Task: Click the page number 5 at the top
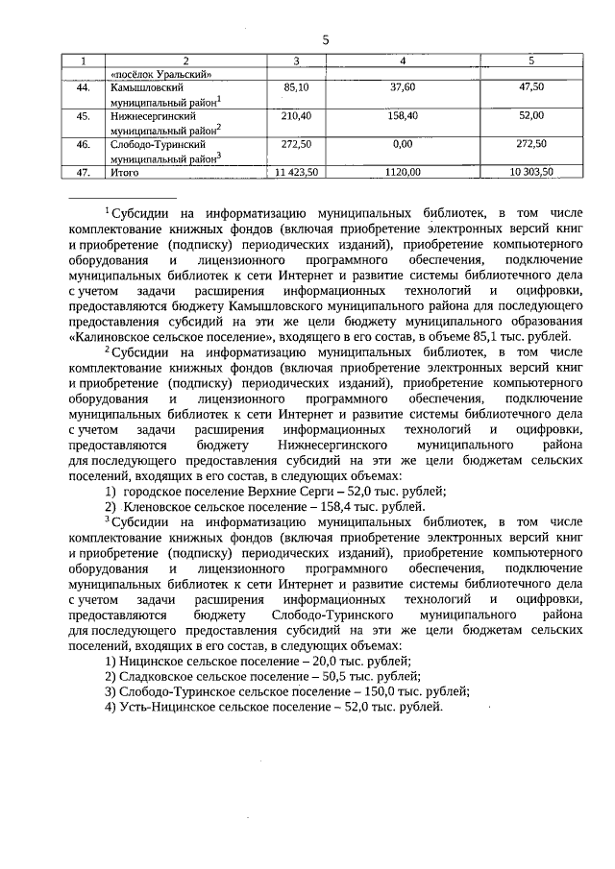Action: click(x=325, y=39)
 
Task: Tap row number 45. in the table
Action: click(x=83, y=115)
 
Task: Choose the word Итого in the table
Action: click(x=126, y=173)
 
